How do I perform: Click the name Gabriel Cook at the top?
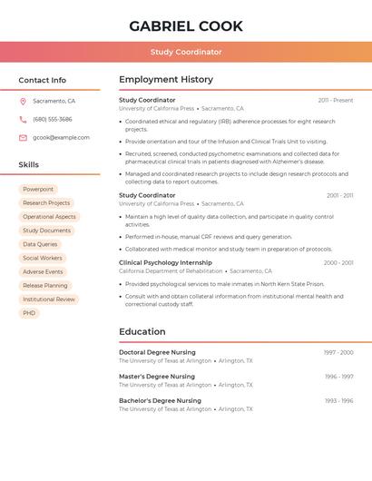click(x=186, y=26)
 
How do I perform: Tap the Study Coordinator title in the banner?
click(x=186, y=52)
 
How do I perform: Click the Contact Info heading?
click(x=42, y=80)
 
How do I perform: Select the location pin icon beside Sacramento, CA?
click(x=23, y=101)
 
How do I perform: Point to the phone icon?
click(x=23, y=119)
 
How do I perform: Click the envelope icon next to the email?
click(x=23, y=138)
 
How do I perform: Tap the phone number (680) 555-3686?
click(x=53, y=119)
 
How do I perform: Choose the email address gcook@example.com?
click(x=61, y=138)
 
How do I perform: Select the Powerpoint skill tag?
click(x=38, y=190)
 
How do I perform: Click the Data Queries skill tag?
click(x=40, y=244)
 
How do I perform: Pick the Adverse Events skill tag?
click(x=43, y=271)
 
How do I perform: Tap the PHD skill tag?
click(x=29, y=313)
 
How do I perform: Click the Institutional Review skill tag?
click(x=49, y=299)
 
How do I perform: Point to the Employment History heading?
click(x=166, y=80)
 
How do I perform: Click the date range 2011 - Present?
click(x=336, y=100)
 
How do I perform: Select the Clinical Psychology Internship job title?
click(x=165, y=262)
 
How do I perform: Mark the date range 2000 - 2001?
click(x=338, y=263)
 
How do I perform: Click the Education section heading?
click(x=142, y=332)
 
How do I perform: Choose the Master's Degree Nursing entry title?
click(x=157, y=376)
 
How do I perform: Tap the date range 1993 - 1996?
click(x=338, y=400)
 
